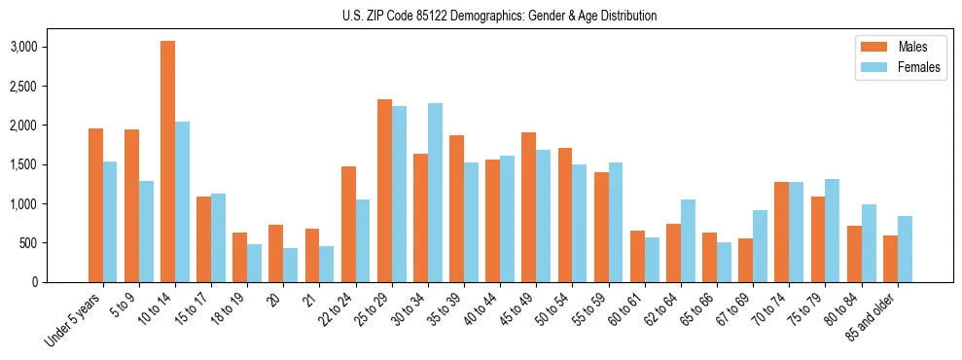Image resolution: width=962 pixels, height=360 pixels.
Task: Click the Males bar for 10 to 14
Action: (168, 162)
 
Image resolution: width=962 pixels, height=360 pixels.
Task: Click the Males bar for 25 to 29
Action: (384, 191)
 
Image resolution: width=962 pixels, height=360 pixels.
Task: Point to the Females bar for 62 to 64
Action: (688, 240)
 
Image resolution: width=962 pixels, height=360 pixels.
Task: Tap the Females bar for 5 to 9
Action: (146, 232)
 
